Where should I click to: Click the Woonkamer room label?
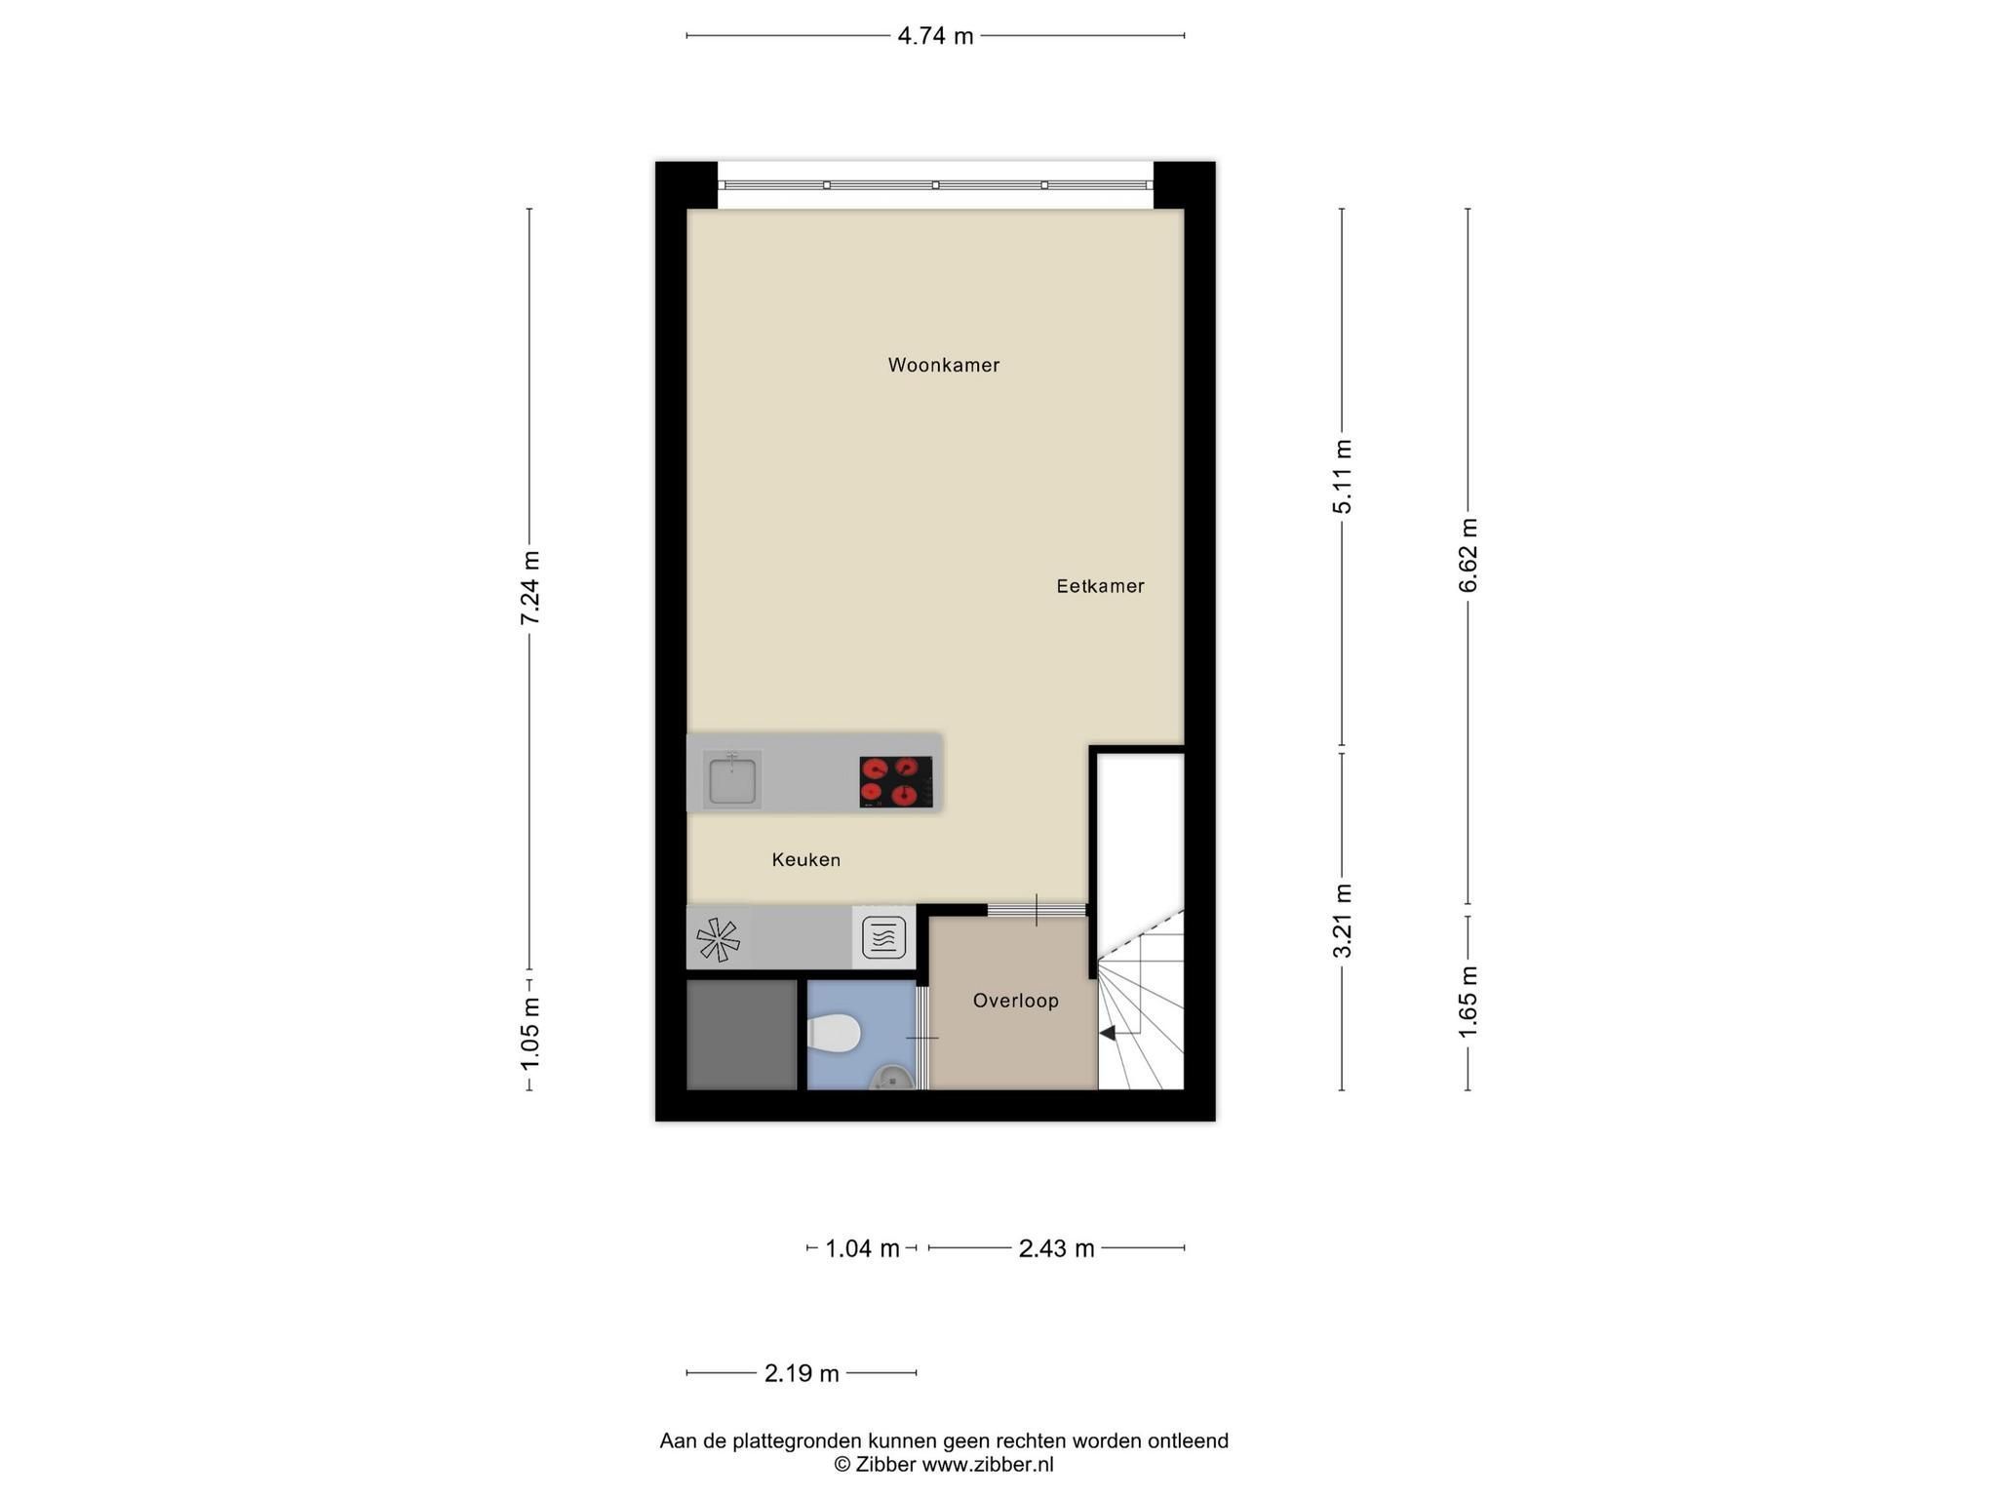point(943,365)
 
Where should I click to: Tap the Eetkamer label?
point(1100,586)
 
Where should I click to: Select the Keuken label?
point(805,859)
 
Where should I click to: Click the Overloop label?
point(1015,1001)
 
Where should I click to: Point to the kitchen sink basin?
point(732,780)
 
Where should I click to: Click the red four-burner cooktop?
point(895,782)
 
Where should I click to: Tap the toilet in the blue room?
point(834,1034)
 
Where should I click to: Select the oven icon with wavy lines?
point(884,938)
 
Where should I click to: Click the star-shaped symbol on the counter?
point(718,939)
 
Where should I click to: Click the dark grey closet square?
point(742,1035)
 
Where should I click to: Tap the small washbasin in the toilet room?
point(891,1077)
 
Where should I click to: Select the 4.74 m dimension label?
point(935,37)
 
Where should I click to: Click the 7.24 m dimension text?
point(529,588)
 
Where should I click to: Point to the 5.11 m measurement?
point(1343,476)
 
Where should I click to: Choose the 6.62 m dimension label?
point(1468,555)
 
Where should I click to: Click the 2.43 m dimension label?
point(1057,1248)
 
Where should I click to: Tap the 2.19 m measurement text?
point(802,1373)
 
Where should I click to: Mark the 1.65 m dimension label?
point(1468,1003)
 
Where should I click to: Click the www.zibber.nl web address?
point(988,1464)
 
